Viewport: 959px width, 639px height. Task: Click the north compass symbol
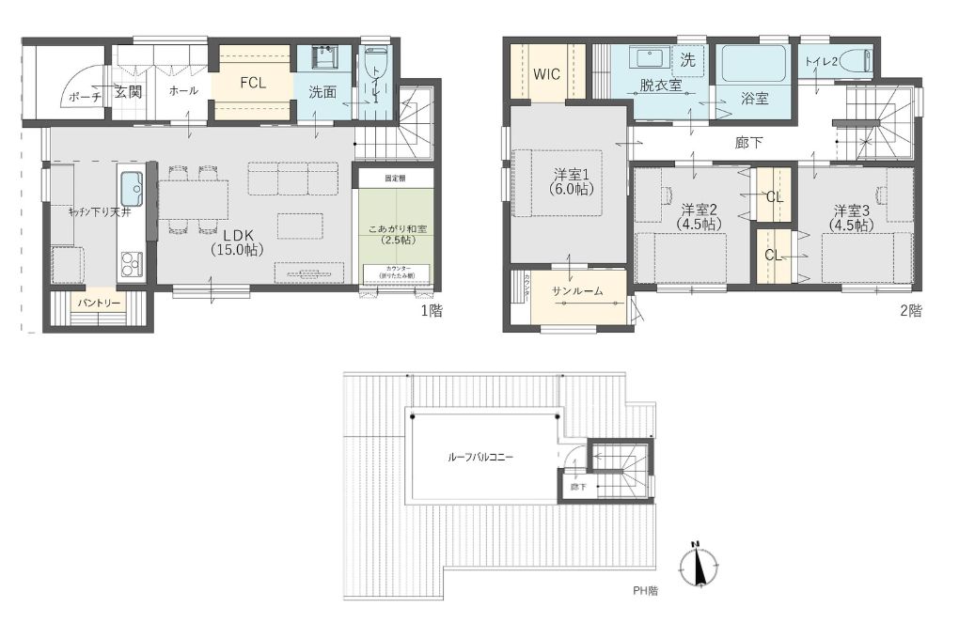pos(698,565)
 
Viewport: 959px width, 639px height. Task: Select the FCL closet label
pos(252,83)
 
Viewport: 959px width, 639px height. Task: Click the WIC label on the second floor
pos(547,74)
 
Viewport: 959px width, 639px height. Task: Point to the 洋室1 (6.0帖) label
pos(569,180)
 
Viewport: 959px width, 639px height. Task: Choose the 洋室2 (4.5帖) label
pos(700,215)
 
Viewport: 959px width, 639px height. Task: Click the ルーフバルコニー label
pos(480,457)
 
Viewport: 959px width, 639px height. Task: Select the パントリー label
pos(99,304)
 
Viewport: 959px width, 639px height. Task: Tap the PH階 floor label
pos(646,592)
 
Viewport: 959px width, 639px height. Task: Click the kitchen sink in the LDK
pos(132,189)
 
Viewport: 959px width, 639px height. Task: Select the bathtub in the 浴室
pos(754,65)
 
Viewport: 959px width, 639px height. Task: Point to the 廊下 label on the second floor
pos(748,143)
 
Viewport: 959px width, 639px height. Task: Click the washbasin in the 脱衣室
pos(648,58)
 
